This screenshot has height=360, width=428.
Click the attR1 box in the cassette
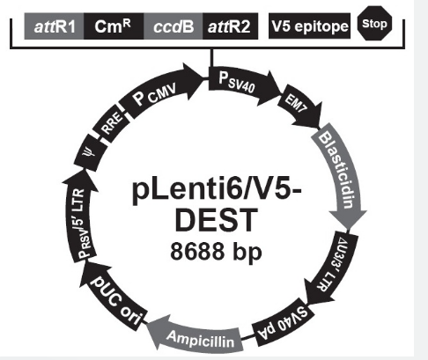pyautogui.click(x=54, y=26)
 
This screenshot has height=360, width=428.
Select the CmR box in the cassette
pyautogui.click(x=114, y=26)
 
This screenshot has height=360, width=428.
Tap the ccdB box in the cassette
pyautogui.click(x=173, y=26)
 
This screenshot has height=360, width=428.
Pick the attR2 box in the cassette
pyautogui.click(x=230, y=26)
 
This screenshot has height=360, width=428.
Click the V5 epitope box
pyautogui.click(x=309, y=26)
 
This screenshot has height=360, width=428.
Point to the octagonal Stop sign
pyautogui.click(x=374, y=24)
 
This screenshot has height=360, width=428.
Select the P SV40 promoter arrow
pyautogui.click(x=242, y=84)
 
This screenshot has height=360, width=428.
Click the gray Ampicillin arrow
pyautogui.click(x=196, y=336)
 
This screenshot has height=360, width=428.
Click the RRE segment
pyautogui.click(x=111, y=124)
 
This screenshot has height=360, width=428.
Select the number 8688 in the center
pyautogui.click(x=197, y=251)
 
